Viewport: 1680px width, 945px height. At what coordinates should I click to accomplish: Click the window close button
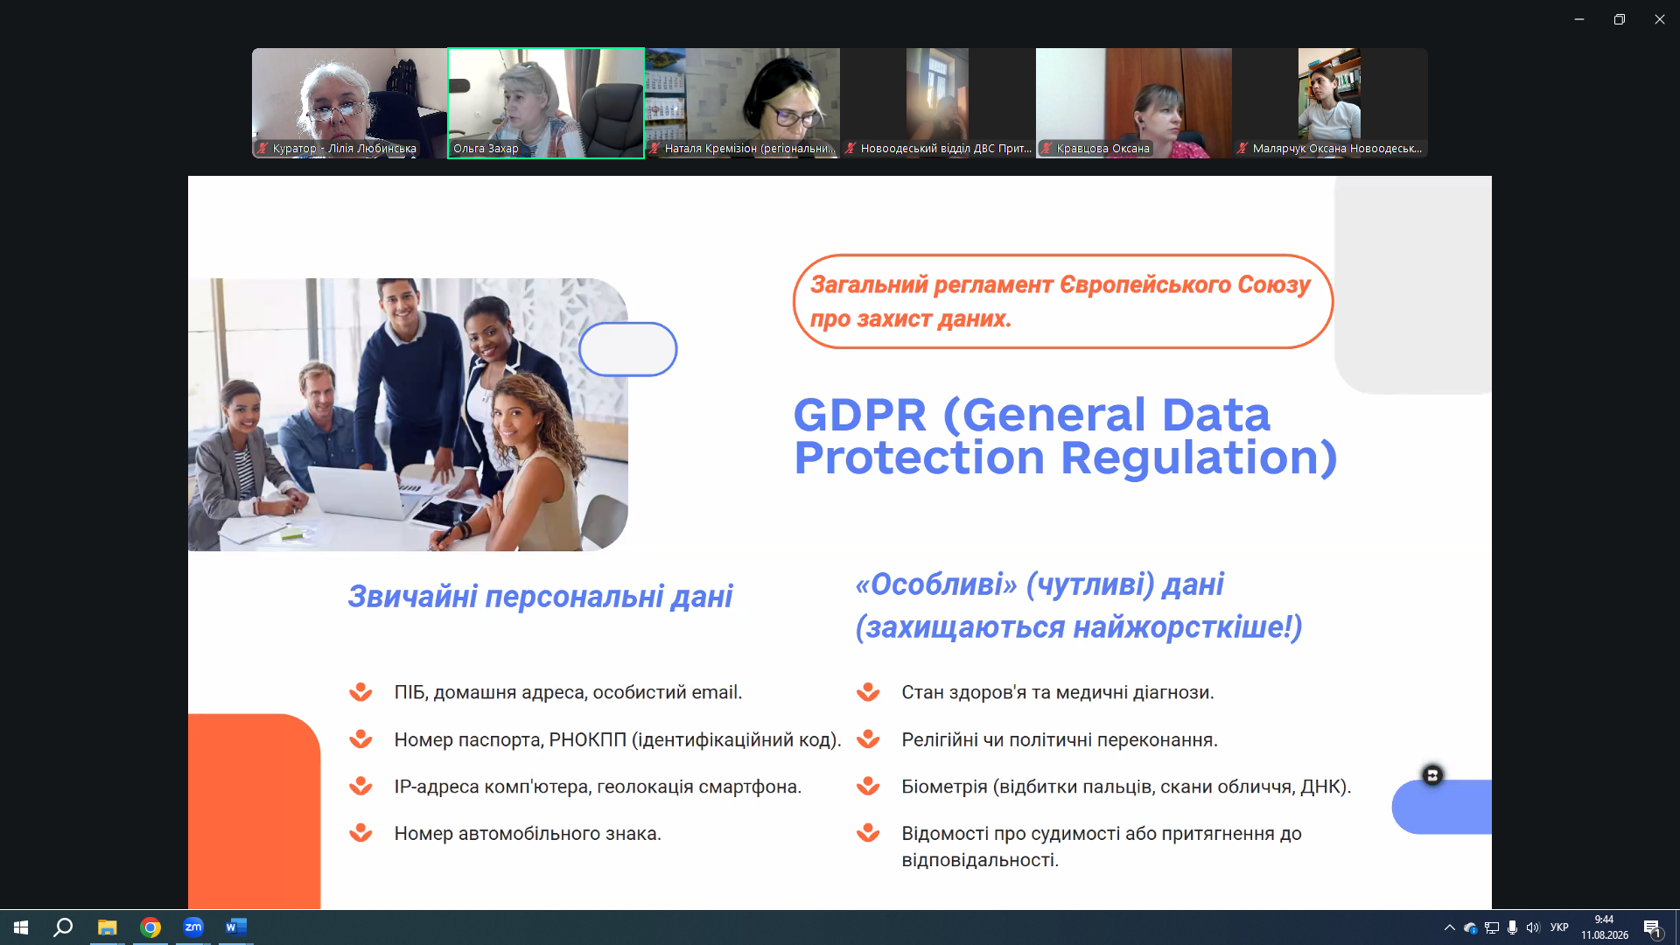[1659, 19]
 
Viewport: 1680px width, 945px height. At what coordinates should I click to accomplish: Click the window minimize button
[1579, 19]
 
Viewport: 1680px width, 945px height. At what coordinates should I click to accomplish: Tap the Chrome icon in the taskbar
[150, 927]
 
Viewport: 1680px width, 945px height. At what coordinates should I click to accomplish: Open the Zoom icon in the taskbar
[193, 927]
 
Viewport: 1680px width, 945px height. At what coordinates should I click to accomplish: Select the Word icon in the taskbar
[236, 927]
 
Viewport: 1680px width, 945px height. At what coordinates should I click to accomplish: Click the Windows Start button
[21, 927]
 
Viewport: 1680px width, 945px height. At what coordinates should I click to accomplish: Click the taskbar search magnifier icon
[63, 927]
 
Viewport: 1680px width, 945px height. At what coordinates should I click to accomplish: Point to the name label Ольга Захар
[486, 149]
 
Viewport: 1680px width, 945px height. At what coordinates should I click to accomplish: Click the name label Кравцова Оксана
[1102, 149]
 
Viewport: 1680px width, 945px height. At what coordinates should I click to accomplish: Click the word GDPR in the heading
[859, 415]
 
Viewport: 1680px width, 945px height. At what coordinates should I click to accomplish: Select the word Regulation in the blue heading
[1199, 458]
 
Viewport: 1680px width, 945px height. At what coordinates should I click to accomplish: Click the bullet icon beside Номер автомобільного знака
[360, 833]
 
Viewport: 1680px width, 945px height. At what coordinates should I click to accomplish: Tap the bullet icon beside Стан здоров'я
[868, 692]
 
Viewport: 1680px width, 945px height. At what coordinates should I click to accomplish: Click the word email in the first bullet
[717, 692]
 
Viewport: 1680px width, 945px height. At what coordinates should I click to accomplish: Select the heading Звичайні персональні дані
[540, 597]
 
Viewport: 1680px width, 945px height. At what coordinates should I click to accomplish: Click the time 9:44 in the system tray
[1604, 920]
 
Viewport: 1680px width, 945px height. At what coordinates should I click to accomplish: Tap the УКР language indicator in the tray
[1559, 927]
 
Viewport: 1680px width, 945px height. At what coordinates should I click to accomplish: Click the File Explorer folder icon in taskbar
[107, 927]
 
